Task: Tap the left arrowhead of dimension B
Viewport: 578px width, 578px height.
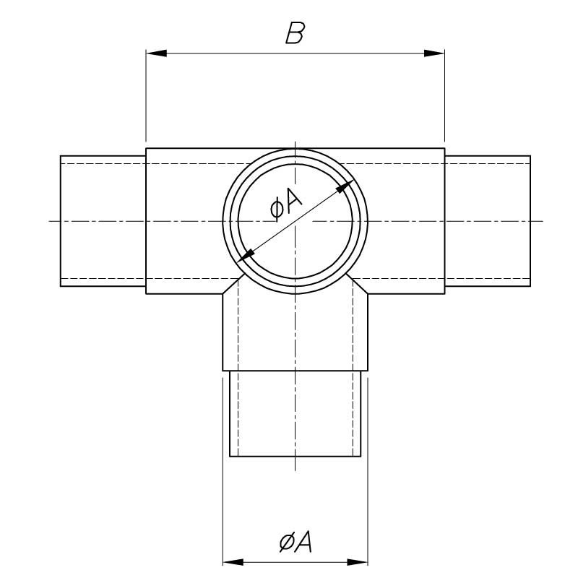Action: [156, 53]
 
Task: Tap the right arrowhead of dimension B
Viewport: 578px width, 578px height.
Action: [434, 53]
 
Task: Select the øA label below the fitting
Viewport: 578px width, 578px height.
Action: [295, 541]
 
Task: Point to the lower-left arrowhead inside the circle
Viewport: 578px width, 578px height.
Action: [247, 254]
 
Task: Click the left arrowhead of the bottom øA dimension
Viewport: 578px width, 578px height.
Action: [232, 561]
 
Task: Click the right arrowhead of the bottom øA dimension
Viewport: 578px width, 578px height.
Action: [359, 561]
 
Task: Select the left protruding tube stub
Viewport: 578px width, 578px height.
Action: [103, 221]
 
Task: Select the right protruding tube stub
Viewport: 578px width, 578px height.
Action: [488, 221]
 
